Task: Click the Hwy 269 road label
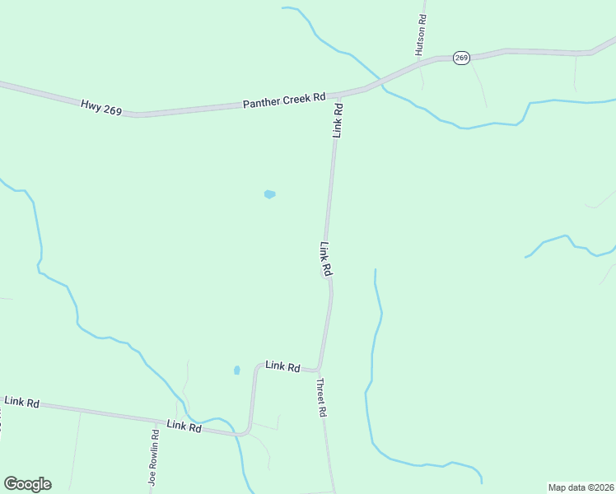coord(101,107)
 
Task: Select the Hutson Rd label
coord(421,34)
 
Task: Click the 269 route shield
coord(461,58)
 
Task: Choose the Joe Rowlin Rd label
coord(153,458)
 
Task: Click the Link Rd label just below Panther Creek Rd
coord(338,120)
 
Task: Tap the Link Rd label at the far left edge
coord(22,402)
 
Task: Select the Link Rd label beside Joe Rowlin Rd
coord(184,426)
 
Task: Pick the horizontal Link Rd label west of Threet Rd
coord(282,366)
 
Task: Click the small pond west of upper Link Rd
coord(269,194)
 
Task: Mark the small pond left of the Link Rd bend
coord(237,370)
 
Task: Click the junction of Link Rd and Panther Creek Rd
coord(338,93)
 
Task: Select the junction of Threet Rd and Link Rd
coord(318,370)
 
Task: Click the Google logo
coord(27,484)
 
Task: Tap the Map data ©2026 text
coord(581,487)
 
